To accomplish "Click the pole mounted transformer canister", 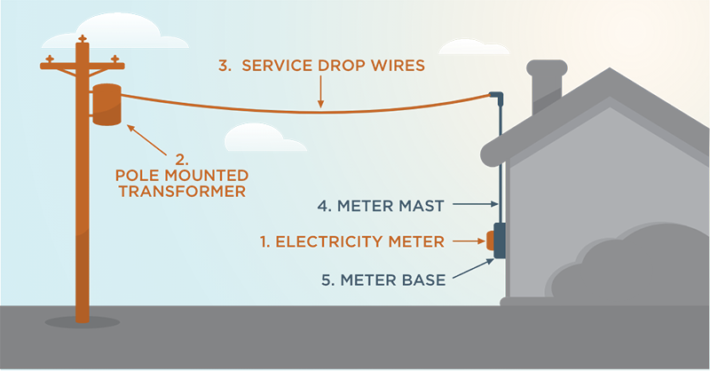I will [108, 105].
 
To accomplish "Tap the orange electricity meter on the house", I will [489, 240].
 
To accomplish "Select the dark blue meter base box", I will [500, 240].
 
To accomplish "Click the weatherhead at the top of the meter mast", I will [496, 95].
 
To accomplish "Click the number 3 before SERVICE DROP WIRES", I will [225, 67].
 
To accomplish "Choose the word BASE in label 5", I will [425, 279].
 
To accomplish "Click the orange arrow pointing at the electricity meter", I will [467, 241].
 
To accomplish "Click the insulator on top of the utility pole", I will [83, 39].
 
